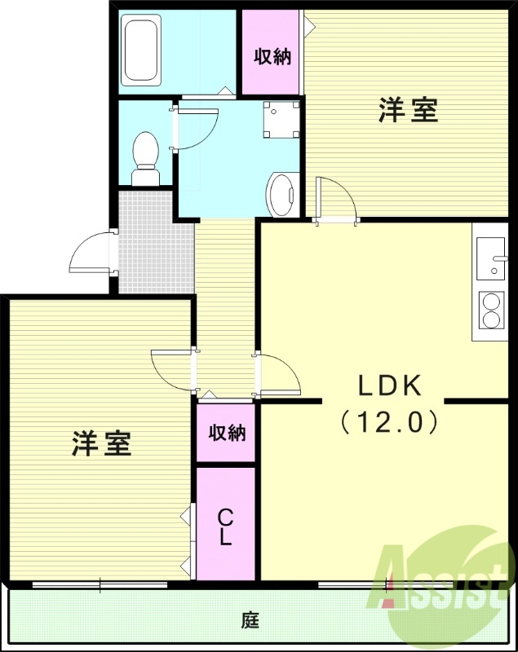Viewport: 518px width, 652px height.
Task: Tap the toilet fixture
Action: (146, 159)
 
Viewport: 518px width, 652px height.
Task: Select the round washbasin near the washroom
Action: (282, 195)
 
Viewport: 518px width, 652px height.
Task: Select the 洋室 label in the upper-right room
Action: (408, 111)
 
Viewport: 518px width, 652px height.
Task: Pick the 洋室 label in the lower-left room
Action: (102, 444)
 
